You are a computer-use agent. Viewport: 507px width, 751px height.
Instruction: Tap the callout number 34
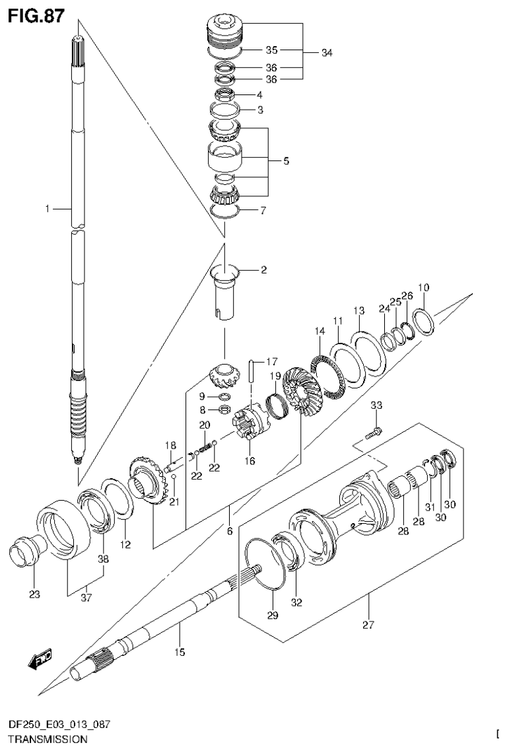click(x=327, y=53)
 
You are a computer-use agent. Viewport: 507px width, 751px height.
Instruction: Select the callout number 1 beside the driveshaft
click(x=48, y=209)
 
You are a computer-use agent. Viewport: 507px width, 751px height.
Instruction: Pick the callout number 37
click(x=86, y=598)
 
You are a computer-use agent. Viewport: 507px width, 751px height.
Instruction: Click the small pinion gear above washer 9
click(x=222, y=376)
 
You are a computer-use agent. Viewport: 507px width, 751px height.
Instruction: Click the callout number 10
click(x=423, y=287)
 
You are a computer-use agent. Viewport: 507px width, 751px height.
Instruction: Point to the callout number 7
click(x=263, y=211)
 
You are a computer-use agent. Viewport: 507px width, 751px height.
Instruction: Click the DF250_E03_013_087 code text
click(x=55, y=725)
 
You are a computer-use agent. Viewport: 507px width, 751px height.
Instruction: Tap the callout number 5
click(x=285, y=161)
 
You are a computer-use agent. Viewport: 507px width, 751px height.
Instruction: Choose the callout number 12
click(x=125, y=545)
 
